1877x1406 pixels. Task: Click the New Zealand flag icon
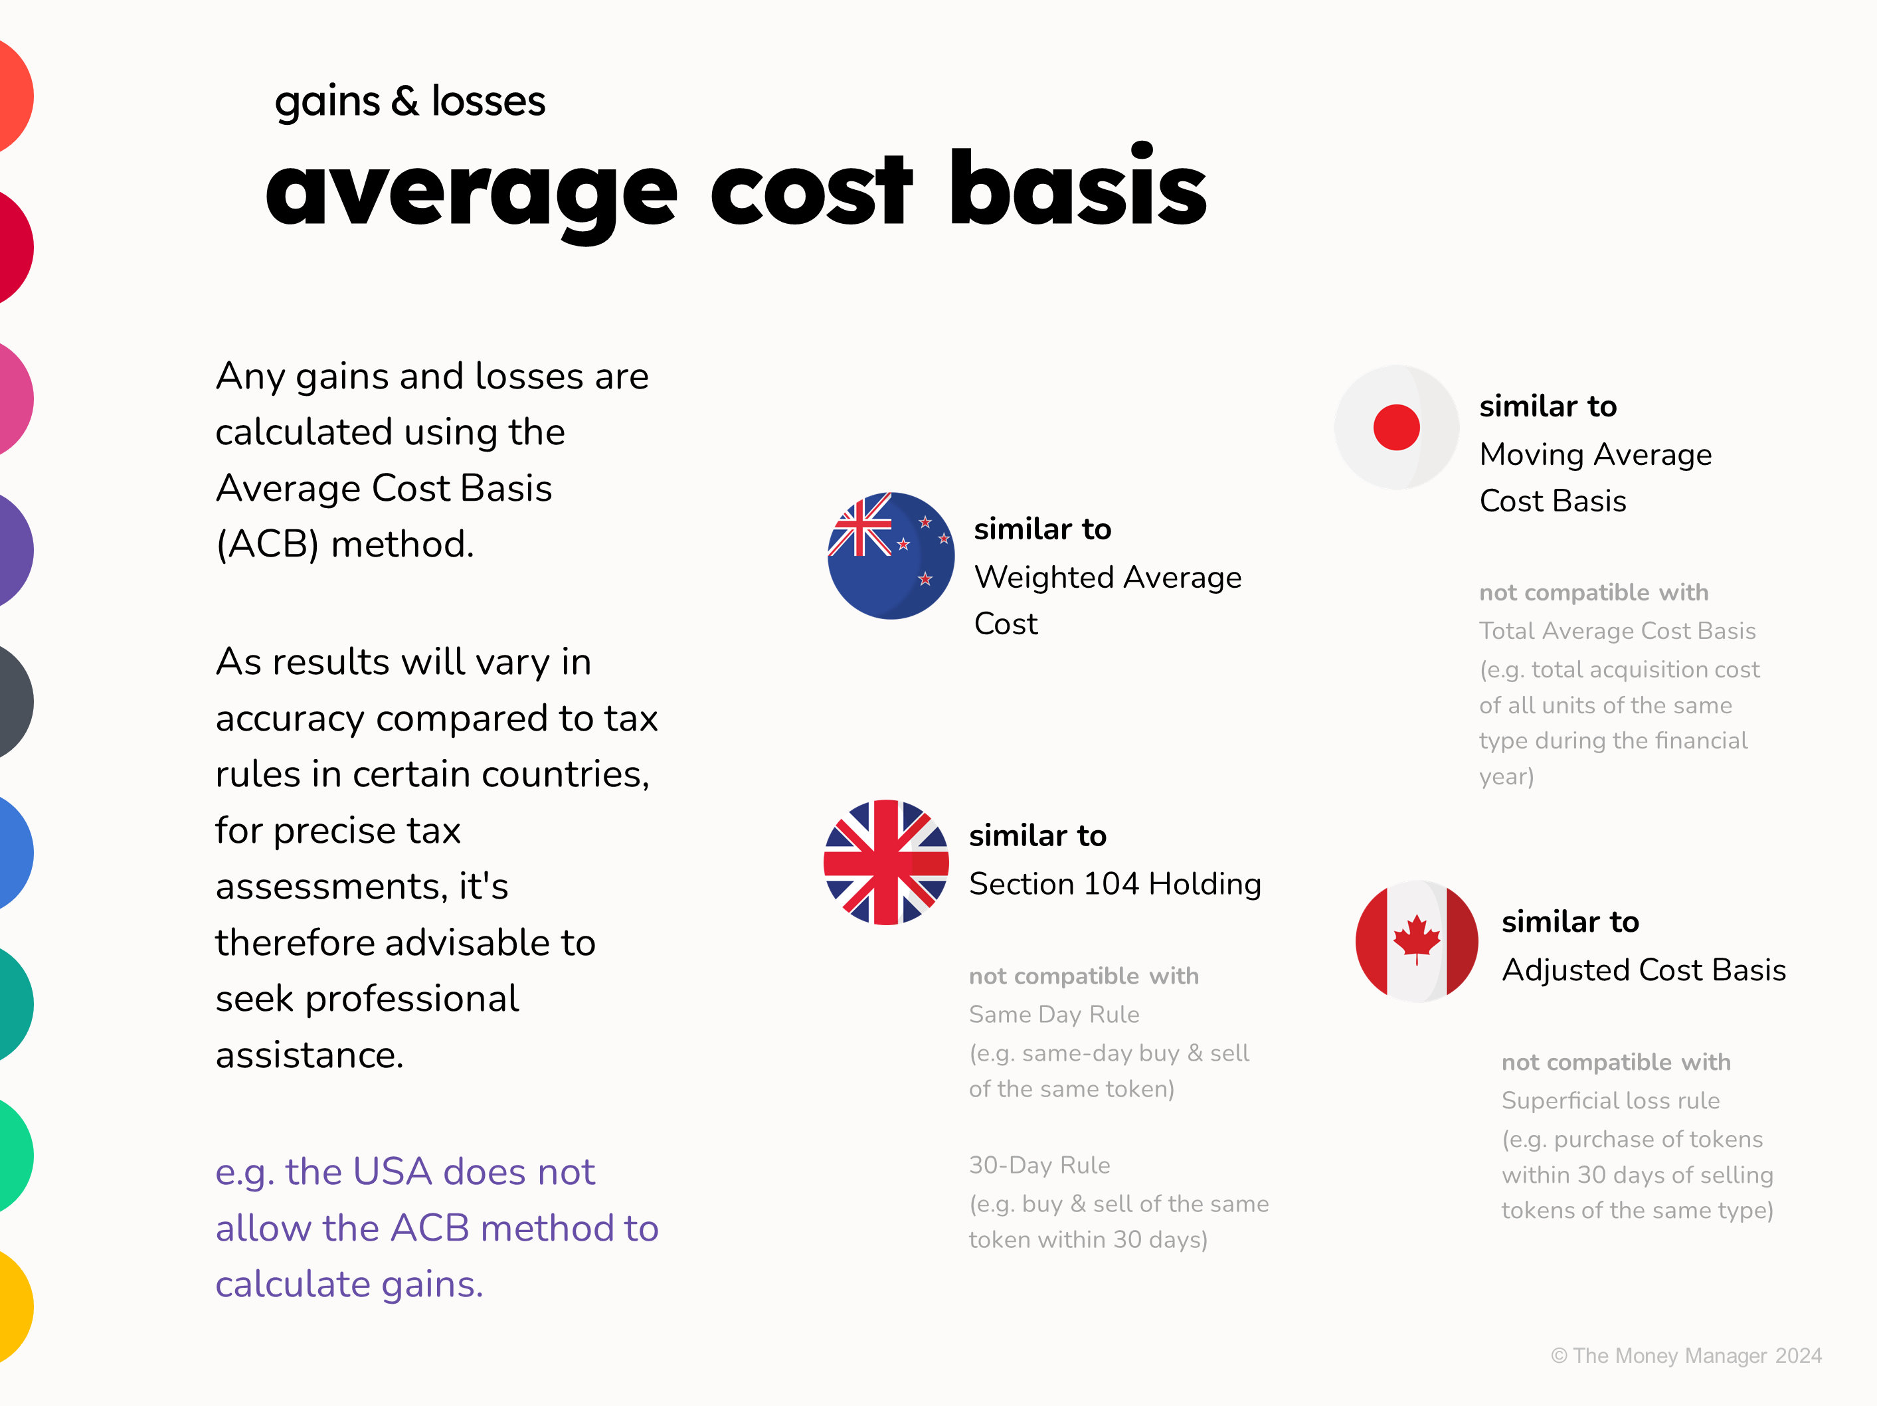(890, 556)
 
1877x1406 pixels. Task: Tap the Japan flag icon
(1396, 427)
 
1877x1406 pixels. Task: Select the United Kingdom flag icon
(886, 862)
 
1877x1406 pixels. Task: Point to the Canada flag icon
(1416, 941)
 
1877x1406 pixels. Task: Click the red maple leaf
(1416, 938)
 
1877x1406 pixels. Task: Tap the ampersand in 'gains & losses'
(404, 101)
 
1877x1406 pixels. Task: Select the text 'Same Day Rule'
(1054, 1014)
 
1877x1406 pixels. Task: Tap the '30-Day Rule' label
(1039, 1165)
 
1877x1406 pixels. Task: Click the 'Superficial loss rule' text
(1611, 1100)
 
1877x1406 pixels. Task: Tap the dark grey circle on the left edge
(13, 702)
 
